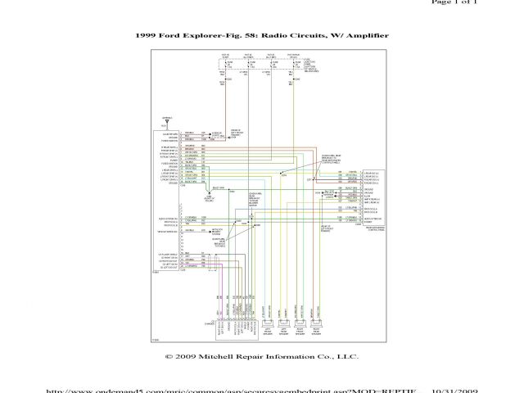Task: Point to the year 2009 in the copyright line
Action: pyautogui.click(x=185, y=358)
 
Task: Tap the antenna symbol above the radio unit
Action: pyautogui.click(x=168, y=121)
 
